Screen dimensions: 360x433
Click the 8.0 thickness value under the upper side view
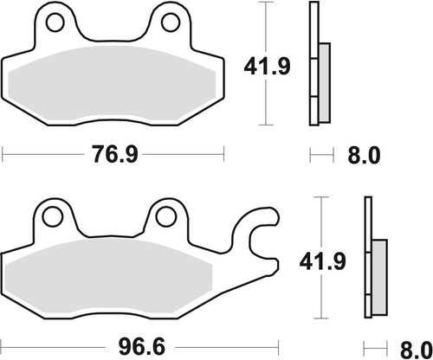pos(364,156)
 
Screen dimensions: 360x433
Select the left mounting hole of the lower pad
pos(54,216)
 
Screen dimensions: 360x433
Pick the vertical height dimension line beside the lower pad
pos(323,294)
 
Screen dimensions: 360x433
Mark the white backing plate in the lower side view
pos(367,260)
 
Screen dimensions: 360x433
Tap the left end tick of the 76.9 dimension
pos(3,156)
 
